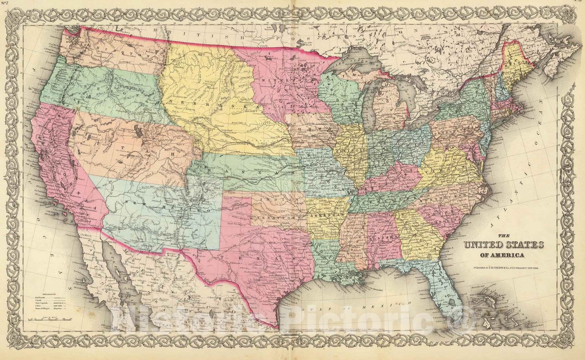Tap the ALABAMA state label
click(x=384, y=238)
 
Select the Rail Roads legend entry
click(x=41, y=298)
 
